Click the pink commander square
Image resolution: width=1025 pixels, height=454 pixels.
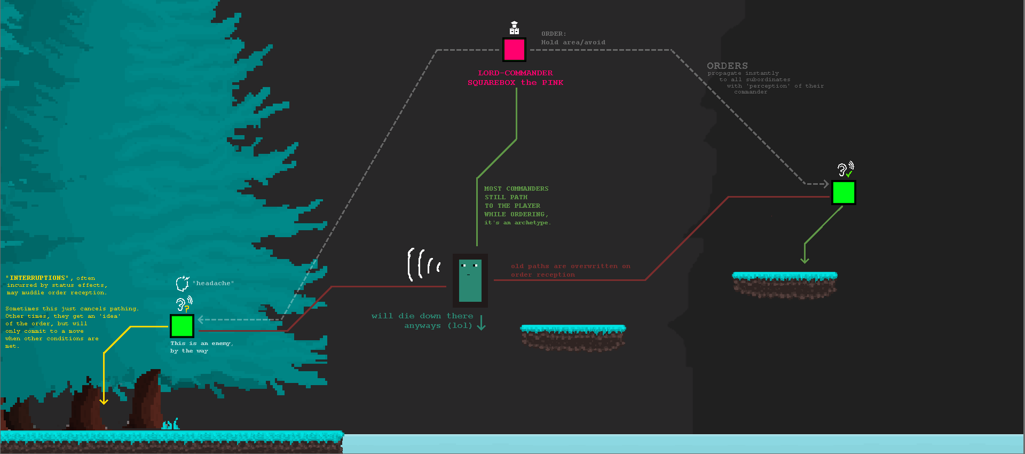[514, 50]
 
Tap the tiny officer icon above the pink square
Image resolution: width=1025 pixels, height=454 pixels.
[514, 28]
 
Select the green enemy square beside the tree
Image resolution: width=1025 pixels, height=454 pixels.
[182, 326]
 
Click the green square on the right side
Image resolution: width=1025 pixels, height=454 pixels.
[843, 193]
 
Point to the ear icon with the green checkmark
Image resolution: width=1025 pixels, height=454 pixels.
[845, 170]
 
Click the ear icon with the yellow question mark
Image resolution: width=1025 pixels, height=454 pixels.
[183, 304]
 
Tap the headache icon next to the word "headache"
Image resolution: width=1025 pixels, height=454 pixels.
[183, 283]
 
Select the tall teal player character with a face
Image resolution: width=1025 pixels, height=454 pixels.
[470, 280]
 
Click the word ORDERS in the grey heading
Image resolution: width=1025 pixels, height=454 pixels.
[727, 66]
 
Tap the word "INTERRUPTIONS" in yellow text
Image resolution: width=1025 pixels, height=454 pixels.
[39, 278]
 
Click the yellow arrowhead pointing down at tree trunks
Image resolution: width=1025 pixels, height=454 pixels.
[104, 401]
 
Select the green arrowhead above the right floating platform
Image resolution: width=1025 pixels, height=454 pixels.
[805, 260]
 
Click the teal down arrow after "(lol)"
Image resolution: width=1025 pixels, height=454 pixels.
[481, 323]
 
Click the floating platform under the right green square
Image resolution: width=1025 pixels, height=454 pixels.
[784, 284]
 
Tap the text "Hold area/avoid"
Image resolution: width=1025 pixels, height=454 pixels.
[573, 42]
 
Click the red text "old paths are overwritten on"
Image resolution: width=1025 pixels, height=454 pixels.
[570, 266]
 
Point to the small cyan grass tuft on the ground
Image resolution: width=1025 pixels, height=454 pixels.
[170, 425]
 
